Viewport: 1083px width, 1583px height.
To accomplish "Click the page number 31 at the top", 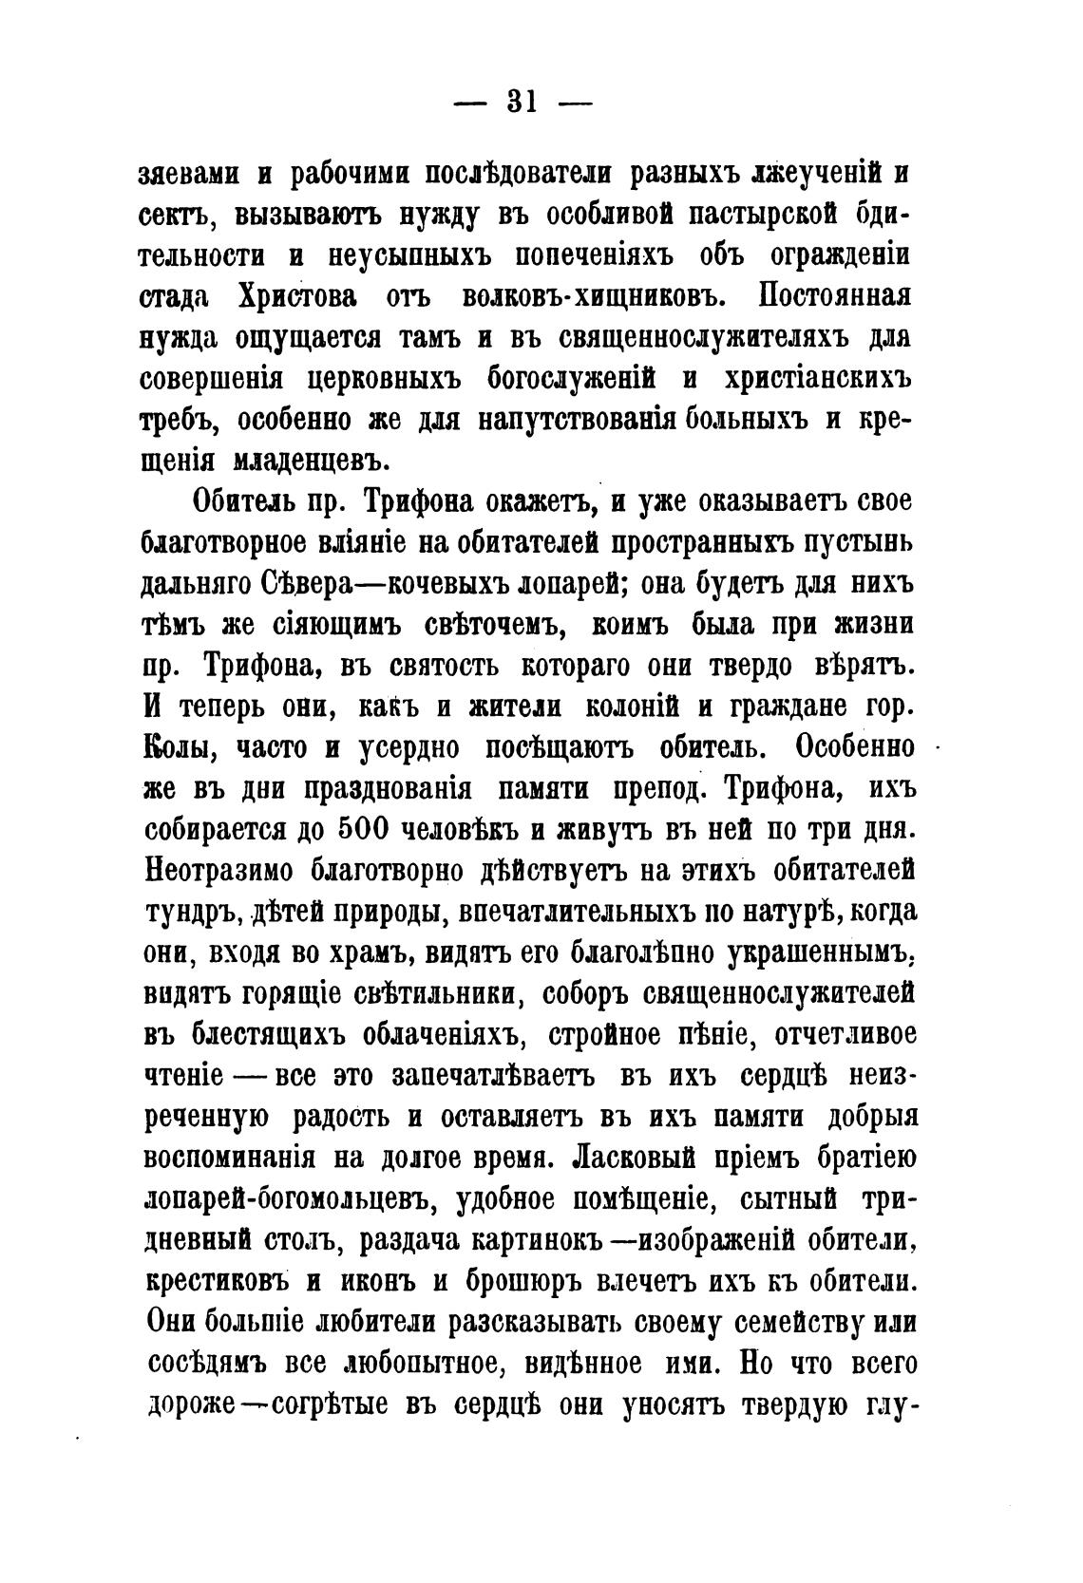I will click(522, 100).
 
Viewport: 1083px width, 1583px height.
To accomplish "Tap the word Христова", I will click(294, 296).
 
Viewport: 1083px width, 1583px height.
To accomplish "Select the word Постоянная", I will click(835, 296).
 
